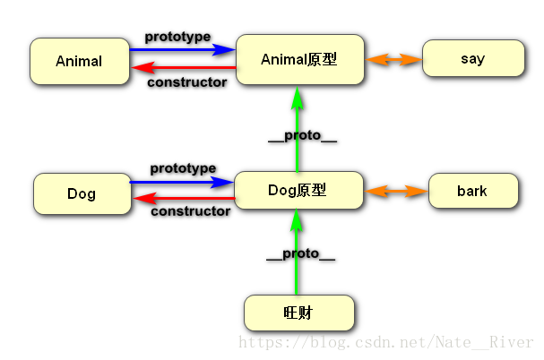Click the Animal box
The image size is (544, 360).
click(x=79, y=62)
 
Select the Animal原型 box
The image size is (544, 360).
click(x=299, y=60)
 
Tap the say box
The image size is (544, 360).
click(x=472, y=59)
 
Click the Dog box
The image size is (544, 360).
click(x=82, y=193)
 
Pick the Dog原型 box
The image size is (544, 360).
click(x=298, y=191)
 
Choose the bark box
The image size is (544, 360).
click(x=472, y=191)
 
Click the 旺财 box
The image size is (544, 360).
click(x=299, y=313)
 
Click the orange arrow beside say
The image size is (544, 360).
click(x=394, y=60)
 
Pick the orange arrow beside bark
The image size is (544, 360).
click(x=396, y=192)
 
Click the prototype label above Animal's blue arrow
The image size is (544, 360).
click(x=177, y=37)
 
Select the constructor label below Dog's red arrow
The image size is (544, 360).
click(x=190, y=212)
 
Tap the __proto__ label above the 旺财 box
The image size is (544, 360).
click(x=300, y=255)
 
